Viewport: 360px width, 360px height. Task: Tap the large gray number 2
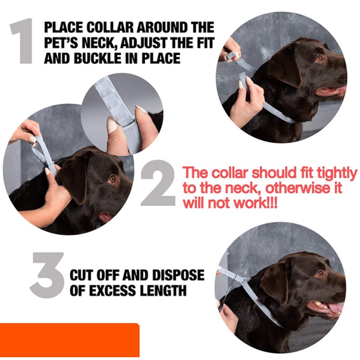(x=158, y=183)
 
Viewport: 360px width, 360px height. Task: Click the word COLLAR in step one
(x=110, y=27)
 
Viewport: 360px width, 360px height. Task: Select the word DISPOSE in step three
(x=178, y=275)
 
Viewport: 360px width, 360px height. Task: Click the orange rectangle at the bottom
(x=69, y=340)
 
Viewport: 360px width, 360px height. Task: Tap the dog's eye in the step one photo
(x=319, y=58)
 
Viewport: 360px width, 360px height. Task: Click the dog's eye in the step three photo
(x=320, y=273)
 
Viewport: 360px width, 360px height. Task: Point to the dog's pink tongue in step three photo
(x=336, y=308)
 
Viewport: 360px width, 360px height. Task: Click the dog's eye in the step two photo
(x=112, y=179)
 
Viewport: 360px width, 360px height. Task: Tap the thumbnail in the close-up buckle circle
(x=112, y=124)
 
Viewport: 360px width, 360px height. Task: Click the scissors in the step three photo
(x=230, y=289)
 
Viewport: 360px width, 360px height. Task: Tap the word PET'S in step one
(x=62, y=43)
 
